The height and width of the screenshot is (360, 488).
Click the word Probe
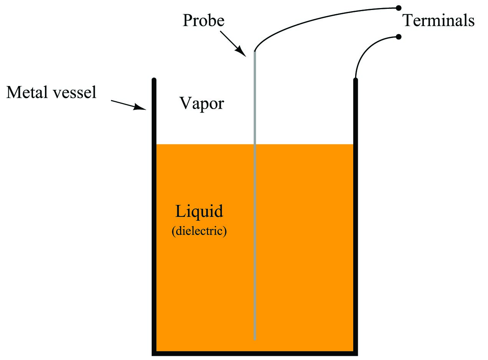click(x=203, y=20)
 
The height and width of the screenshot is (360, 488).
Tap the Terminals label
click(x=438, y=20)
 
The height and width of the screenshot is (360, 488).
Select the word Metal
click(x=27, y=92)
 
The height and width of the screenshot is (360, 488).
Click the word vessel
click(x=75, y=92)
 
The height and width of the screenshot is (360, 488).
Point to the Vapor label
click(x=202, y=104)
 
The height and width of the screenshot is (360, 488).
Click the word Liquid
click(x=199, y=211)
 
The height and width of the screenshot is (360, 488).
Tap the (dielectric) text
click(x=199, y=231)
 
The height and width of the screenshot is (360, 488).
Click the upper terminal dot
click(x=399, y=8)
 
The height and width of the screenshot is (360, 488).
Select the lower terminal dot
click(x=399, y=37)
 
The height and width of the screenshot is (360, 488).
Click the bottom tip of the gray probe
click(x=255, y=340)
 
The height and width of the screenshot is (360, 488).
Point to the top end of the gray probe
click(x=255, y=51)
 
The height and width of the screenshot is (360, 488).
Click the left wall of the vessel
click(x=154, y=216)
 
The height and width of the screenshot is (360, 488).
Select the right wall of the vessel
click(x=356, y=216)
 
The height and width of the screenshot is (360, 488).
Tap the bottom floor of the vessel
click(x=255, y=353)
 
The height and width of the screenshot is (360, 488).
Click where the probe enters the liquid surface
click(x=255, y=144)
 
